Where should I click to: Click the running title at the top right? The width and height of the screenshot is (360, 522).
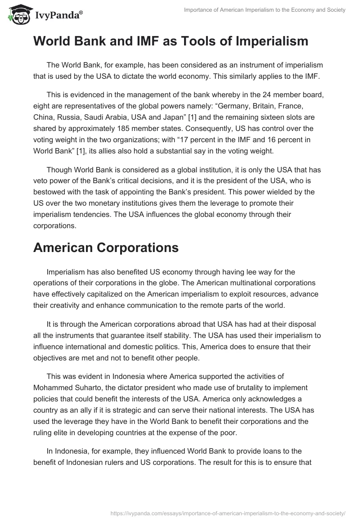[265, 10]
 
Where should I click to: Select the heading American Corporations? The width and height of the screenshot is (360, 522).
[106, 247]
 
